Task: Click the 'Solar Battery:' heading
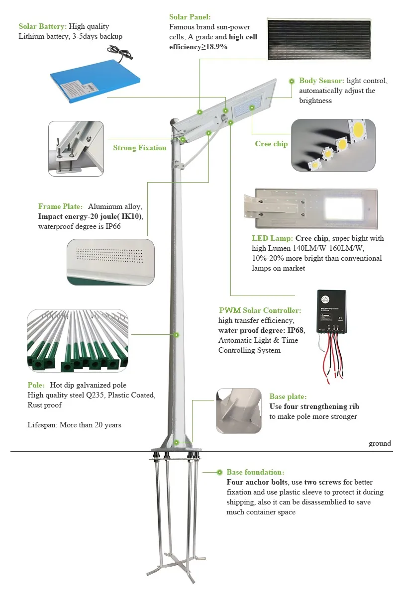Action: coord(43,26)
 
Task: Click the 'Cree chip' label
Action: coord(271,144)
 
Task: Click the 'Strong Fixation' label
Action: coord(139,148)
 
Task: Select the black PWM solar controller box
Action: coord(332,312)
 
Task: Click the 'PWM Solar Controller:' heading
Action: coord(260,310)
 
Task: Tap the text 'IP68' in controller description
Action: coord(295,330)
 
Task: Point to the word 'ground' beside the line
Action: coord(380,443)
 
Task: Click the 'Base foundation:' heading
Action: coord(256,472)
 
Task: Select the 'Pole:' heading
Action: coord(36,385)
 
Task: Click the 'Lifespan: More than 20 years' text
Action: coord(74,425)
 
